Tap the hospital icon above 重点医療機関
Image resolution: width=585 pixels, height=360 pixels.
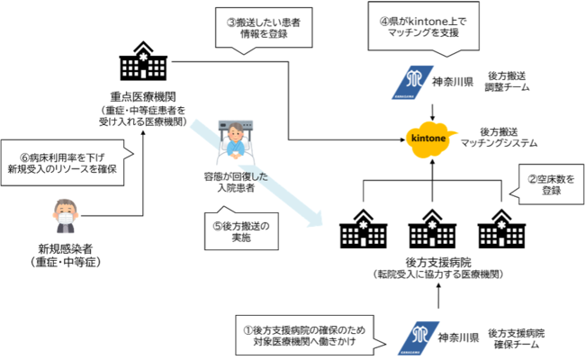click(x=144, y=64)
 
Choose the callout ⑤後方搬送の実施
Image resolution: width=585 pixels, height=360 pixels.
click(x=245, y=230)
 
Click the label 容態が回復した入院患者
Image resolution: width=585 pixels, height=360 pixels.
click(x=237, y=184)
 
